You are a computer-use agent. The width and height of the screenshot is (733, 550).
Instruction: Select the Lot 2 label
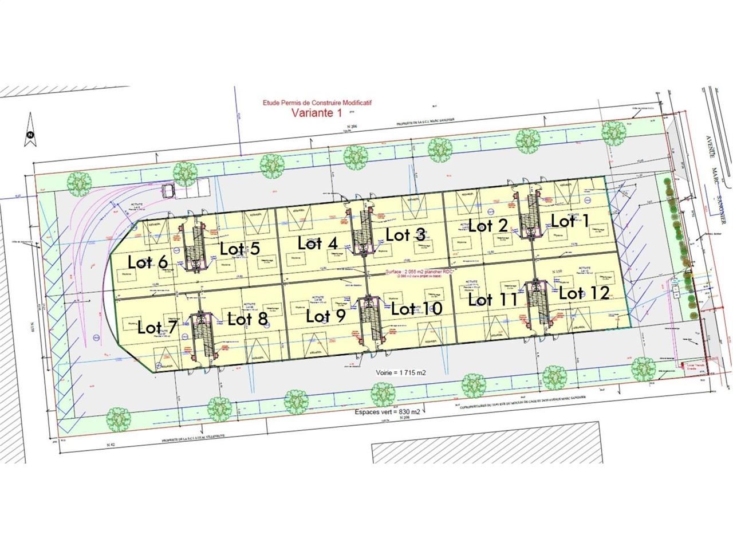488,225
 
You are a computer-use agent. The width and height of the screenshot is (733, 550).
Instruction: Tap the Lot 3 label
405,234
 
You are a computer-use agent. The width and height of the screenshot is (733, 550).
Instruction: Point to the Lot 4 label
318,242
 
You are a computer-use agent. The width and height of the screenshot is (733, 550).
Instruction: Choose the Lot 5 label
240,249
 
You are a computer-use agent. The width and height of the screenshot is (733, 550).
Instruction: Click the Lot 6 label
148,262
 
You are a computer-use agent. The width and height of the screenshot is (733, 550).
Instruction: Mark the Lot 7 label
157,328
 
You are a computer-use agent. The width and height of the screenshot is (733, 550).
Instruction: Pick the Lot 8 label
247,319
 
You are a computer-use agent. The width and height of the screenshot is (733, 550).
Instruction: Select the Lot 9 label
326,316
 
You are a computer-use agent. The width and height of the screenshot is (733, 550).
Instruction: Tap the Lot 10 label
417,309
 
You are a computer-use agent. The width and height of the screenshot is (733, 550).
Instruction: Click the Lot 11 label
493,299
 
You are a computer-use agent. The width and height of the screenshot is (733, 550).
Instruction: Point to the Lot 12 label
584,293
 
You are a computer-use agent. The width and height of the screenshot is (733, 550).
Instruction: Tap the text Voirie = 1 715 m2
401,372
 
